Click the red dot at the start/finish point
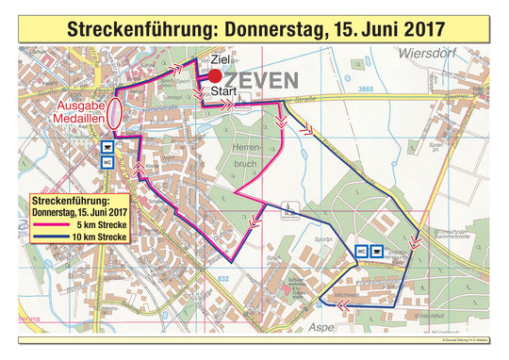point(216,76)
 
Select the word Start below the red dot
point(224,91)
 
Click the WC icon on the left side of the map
point(109,161)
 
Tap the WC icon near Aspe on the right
point(361,252)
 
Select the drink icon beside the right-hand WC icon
point(377,252)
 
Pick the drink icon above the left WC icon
point(109,147)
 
